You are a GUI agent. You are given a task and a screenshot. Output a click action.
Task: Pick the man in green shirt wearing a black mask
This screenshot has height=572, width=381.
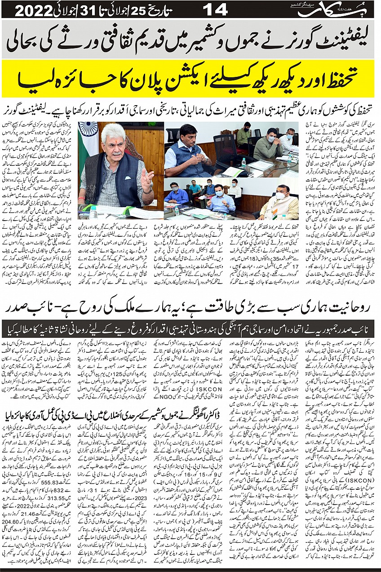[x=244, y=137]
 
